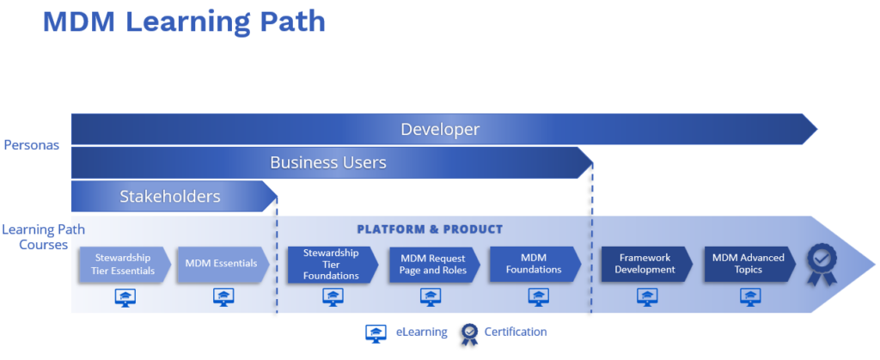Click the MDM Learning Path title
184,21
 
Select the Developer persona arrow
444,130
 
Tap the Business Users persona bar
332,162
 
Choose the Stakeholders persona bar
174,196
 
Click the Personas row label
32,145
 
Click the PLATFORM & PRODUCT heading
430,229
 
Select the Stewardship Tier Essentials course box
124,264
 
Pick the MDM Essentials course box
223,264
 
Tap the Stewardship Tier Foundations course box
333,265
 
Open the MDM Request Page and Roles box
434,265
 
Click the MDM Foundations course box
535,265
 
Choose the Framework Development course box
647,265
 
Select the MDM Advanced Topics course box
749,265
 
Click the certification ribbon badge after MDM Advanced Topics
822,264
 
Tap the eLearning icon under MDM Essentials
223,297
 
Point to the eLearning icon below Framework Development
647,297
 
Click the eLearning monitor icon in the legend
376,333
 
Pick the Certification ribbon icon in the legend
468,333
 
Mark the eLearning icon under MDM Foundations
538,297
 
